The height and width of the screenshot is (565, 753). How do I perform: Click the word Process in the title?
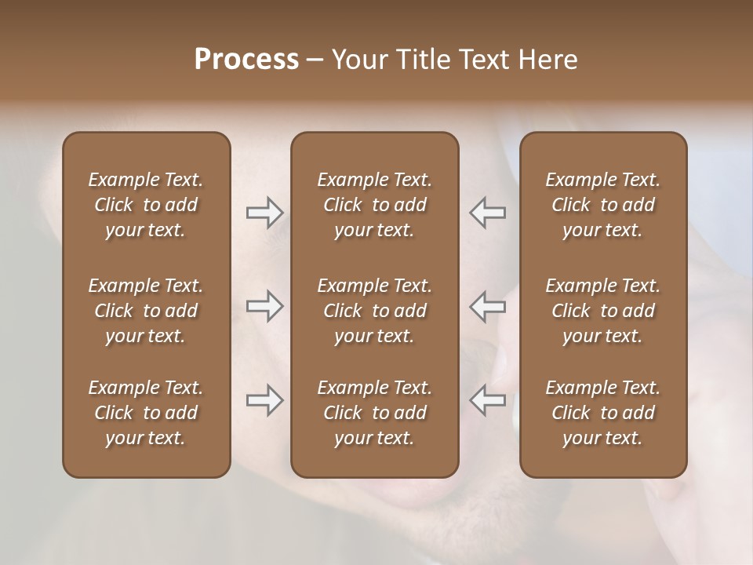[246, 60]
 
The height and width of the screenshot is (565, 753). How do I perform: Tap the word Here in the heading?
[548, 60]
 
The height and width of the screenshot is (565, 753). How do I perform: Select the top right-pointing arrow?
[265, 213]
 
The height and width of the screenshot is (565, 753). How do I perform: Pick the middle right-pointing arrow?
[265, 306]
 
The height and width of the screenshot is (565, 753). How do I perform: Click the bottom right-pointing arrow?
[265, 400]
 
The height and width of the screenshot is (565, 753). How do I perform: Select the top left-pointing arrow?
[487, 213]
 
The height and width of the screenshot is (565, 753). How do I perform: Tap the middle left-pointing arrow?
[487, 306]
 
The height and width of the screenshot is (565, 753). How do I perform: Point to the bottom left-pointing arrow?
[487, 400]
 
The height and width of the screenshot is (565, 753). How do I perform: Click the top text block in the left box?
[146, 205]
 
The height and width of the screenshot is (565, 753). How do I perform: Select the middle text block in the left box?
[146, 311]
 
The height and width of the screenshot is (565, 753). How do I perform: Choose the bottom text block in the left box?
[146, 413]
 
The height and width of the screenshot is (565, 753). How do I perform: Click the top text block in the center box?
[374, 205]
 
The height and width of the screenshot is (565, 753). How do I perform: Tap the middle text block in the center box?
[374, 311]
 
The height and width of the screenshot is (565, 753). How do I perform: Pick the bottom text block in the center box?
[374, 413]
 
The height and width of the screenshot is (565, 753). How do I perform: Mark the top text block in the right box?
[602, 205]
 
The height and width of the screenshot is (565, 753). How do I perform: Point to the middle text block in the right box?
[602, 311]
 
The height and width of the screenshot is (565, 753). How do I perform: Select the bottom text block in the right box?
[602, 413]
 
